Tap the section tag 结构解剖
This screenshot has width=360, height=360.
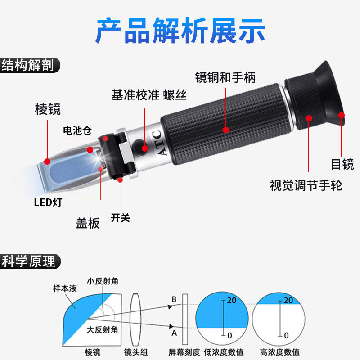(x=28, y=65)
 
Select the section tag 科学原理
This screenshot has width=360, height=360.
(x=28, y=261)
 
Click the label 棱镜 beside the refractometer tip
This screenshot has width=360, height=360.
(x=48, y=109)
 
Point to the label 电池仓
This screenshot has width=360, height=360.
(x=77, y=131)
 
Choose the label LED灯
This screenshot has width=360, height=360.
(x=48, y=202)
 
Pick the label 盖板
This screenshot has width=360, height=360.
(x=88, y=223)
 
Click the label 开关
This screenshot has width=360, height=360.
(x=120, y=218)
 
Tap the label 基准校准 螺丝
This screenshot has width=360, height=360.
(x=149, y=95)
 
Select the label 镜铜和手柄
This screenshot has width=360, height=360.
(x=225, y=77)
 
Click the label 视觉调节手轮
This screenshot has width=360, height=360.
(x=306, y=185)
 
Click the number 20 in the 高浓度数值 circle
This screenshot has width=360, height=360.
(x=289, y=300)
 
